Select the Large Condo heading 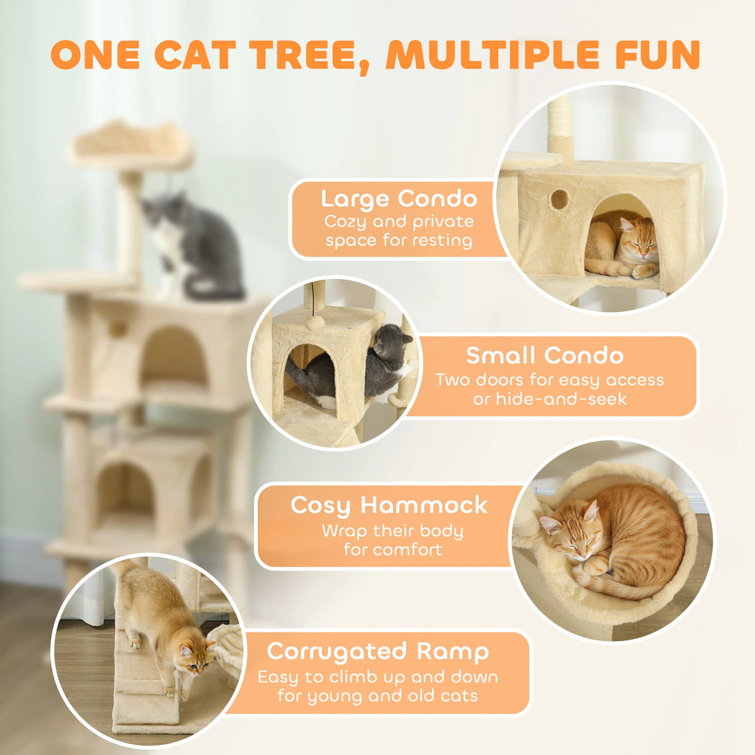(x=399, y=198)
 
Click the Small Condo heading (x=544, y=355)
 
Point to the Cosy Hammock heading (x=389, y=504)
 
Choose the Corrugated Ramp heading (x=377, y=651)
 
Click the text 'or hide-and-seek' (x=550, y=399)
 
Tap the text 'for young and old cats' (x=377, y=695)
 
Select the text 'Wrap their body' (x=392, y=530)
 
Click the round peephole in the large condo (x=558, y=200)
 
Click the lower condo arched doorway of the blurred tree (x=125, y=491)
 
